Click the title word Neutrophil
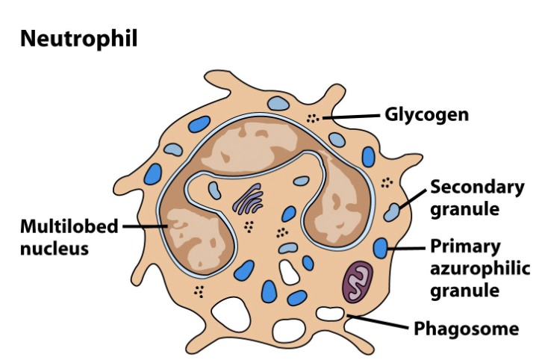coord(78,39)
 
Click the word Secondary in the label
coord(470,188)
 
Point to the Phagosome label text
coord(466,328)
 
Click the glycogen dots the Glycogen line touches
coord(315,117)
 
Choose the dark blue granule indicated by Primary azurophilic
coord(381,247)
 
